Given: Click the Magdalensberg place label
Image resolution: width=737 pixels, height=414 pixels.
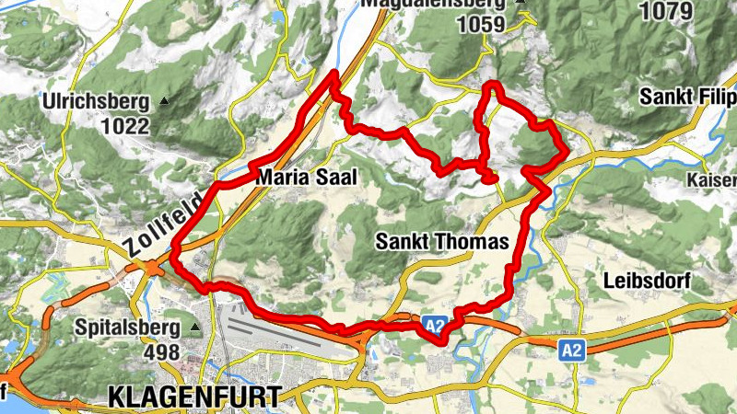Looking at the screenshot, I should coord(433,5).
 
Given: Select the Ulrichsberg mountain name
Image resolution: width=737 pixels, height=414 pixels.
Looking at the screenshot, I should coord(98,100).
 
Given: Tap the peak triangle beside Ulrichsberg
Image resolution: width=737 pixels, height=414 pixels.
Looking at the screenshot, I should coord(164,100).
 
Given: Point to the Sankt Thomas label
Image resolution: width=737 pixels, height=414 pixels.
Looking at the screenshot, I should coord(442,243).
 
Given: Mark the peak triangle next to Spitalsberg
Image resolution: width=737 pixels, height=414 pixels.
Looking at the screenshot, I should coord(194,327).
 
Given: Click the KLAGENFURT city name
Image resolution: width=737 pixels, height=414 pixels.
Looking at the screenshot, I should coord(194,397).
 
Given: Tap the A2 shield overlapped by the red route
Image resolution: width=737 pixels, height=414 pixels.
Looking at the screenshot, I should coord(435,325).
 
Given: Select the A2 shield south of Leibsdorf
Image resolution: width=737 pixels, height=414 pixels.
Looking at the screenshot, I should coord(572,349).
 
